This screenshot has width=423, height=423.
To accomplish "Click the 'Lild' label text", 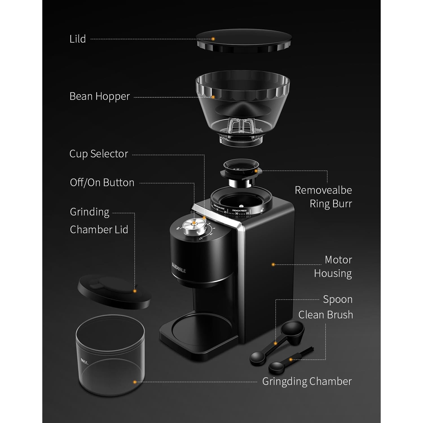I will (x=78, y=39).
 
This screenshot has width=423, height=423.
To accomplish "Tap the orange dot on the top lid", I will (x=213, y=39).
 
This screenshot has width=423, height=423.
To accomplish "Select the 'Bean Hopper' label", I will (x=100, y=96).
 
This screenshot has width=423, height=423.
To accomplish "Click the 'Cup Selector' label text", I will (x=99, y=154).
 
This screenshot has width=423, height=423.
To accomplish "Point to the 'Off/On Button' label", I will (x=102, y=183).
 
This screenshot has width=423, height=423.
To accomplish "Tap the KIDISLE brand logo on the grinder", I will (x=179, y=268).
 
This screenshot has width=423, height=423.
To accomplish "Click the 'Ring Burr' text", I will (x=331, y=204).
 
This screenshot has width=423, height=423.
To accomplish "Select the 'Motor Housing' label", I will (x=333, y=266).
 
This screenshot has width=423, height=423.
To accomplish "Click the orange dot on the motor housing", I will (x=273, y=265).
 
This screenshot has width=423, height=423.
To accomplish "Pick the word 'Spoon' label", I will (x=338, y=299).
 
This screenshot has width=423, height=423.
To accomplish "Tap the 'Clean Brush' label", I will (x=326, y=315).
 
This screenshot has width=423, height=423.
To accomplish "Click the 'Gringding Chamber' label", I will (x=307, y=382).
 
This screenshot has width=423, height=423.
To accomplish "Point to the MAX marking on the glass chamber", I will (x=84, y=361).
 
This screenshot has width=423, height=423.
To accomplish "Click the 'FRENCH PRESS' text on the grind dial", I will (x=239, y=210).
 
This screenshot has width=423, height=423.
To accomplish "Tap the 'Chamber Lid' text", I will (x=99, y=230).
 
